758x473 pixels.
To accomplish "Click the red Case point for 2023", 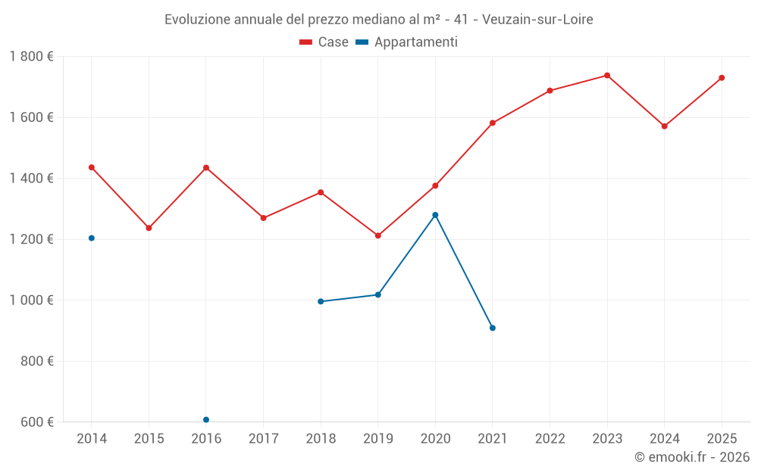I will (x=607, y=76).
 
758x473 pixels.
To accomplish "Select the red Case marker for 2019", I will (x=378, y=235).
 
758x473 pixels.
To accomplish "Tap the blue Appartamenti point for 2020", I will (x=435, y=215).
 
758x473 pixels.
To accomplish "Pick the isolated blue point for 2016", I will (x=206, y=420).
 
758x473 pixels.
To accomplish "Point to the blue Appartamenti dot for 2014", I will (x=92, y=238).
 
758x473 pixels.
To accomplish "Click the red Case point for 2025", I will (x=722, y=78).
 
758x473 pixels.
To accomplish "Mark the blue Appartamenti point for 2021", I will (x=493, y=328).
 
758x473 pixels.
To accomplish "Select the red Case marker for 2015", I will (x=149, y=228).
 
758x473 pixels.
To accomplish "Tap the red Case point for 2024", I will (x=664, y=126).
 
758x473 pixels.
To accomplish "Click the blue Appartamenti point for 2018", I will (x=321, y=301).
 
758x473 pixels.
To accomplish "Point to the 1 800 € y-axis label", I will (x=31, y=57).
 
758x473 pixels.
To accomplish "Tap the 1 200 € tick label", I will (x=31, y=239).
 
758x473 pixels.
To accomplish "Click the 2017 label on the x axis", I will (x=263, y=438).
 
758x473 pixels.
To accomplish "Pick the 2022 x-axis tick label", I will (x=550, y=438).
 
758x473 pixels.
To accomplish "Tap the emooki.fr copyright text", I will (x=692, y=457).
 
